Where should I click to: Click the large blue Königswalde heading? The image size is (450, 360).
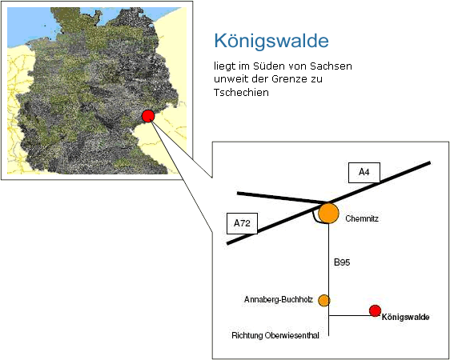pos(271,42)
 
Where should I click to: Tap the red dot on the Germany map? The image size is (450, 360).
pos(148,116)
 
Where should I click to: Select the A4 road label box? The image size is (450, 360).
pos(364,173)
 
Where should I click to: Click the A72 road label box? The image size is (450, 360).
pos(243,223)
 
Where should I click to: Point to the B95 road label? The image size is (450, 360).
pos(342,262)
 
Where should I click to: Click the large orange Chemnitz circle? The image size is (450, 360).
pos(328,214)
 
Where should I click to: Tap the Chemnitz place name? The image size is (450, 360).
pos(362,218)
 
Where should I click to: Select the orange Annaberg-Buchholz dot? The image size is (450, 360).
pos(324,300)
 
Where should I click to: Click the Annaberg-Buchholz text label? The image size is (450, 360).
pos(279,300)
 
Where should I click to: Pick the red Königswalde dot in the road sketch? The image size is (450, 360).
pos(375,310)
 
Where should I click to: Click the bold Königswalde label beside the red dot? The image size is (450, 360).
pos(405,318)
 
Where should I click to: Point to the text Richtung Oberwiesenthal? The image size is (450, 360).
pos(275,335)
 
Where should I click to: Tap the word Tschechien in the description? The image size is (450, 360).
pos(241,93)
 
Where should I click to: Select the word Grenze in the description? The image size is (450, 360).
pos(289,79)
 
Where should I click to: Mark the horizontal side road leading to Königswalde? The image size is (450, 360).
pos(349,315)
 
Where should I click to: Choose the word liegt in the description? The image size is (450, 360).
pos(224,66)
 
